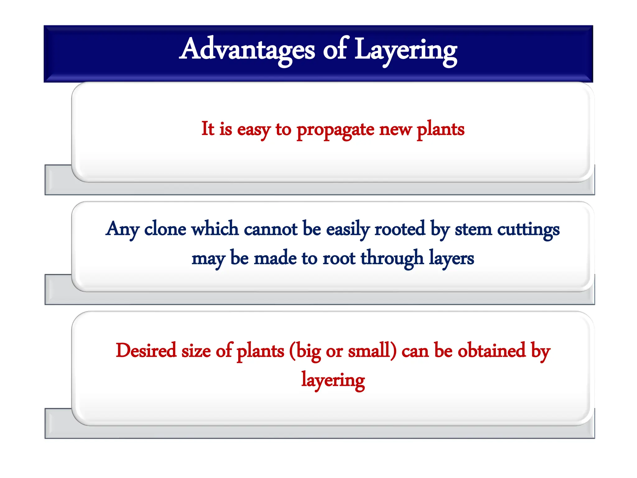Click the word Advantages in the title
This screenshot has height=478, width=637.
pyautogui.click(x=247, y=50)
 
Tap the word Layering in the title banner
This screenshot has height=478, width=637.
pyautogui.click(x=406, y=50)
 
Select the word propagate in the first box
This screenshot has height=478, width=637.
pyautogui.click(x=335, y=129)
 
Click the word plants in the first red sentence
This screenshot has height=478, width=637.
pyautogui.click(x=440, y=129)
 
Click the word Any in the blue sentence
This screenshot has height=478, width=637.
pyautogui.click(x=122, y=230)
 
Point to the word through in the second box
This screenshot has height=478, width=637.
pyautogui.click(x=392, y=258)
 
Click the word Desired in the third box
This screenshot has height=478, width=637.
pyautogui.click(x=146, y=350)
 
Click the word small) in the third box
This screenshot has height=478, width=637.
pyautogui.click(x=372, y=350)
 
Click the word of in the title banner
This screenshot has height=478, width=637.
pyautogui.click(x=334, y=50)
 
